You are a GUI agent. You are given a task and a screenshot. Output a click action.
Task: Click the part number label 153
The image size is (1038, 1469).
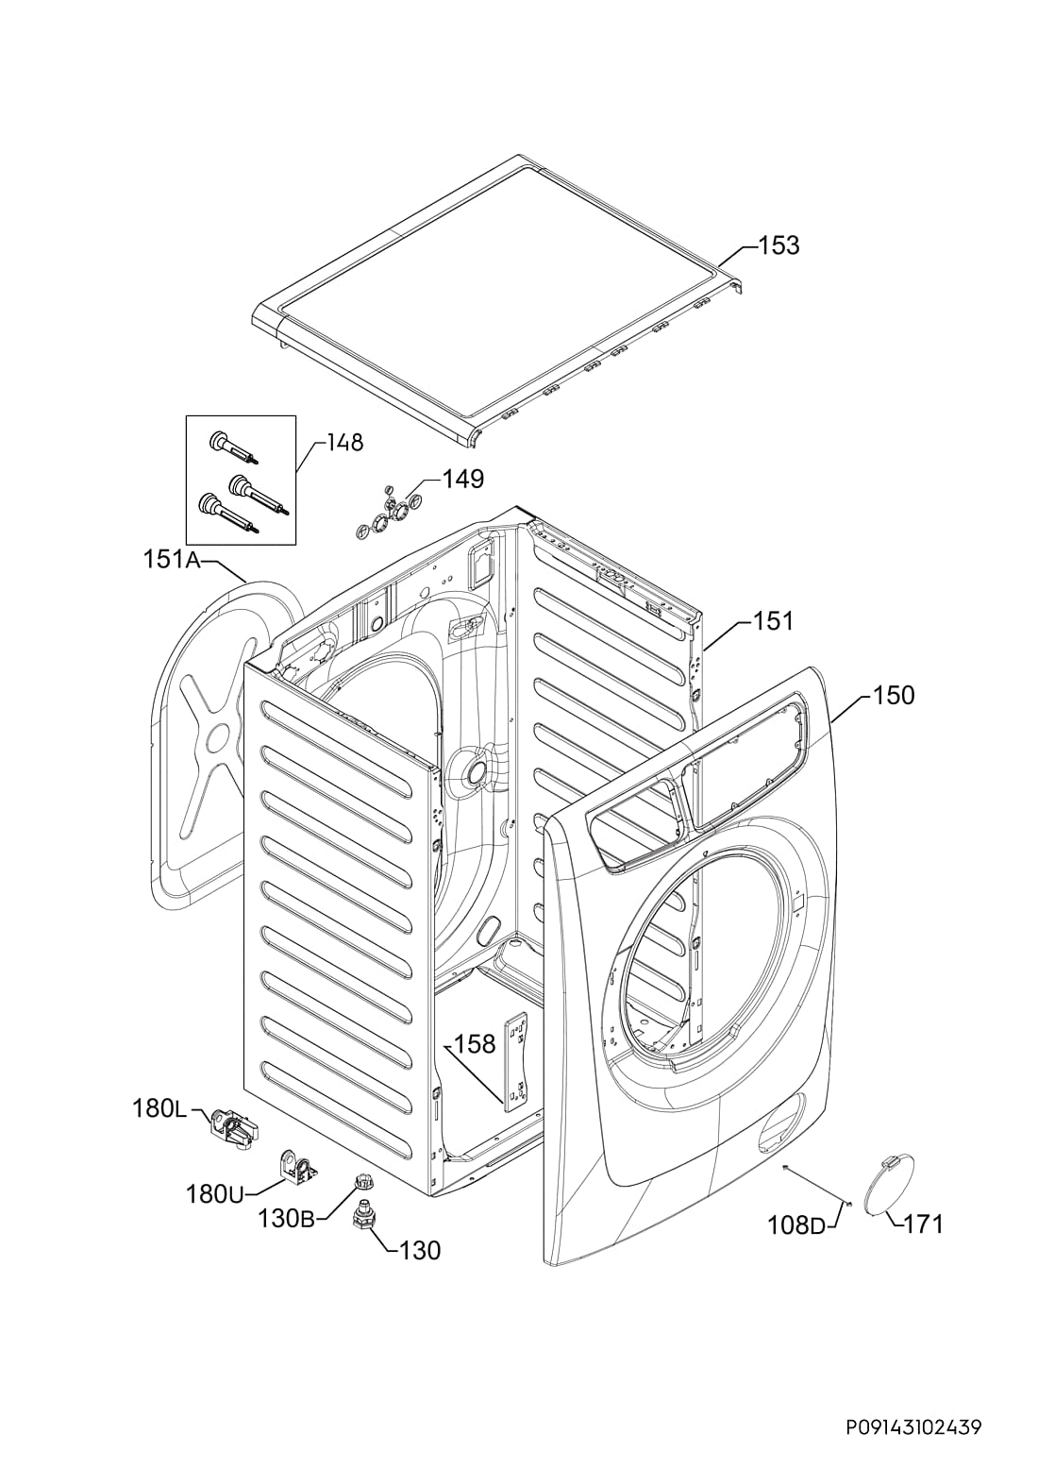point(779,245)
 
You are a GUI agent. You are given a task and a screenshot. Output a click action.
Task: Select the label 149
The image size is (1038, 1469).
point(463,480)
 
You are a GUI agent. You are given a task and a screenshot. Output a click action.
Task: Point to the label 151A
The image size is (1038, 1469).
point(171,560)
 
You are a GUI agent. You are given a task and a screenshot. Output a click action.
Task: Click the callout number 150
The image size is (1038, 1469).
point(894,695)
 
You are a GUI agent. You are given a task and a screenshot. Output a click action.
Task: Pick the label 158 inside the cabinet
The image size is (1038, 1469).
point(474,1044)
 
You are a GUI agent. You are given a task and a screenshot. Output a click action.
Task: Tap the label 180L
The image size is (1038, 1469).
point(159,1109)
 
